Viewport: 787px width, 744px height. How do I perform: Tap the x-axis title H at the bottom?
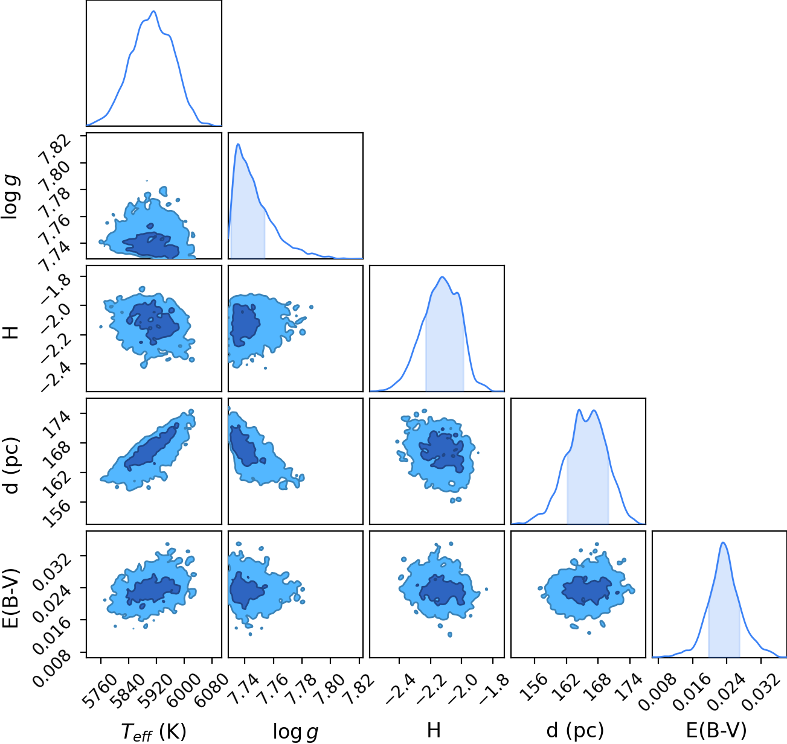[x=434, y=730]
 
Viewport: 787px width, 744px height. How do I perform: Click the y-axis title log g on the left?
[x=10, y=196]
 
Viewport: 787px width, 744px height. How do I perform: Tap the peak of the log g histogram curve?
[x=238, y=144]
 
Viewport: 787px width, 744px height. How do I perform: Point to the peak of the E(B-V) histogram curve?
[x=723, y=543]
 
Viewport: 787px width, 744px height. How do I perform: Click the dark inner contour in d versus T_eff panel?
[x=150, y=448]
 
